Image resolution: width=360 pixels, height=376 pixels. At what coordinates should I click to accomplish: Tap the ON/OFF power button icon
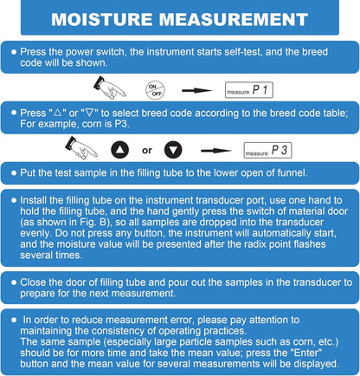[x=154, y=88]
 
